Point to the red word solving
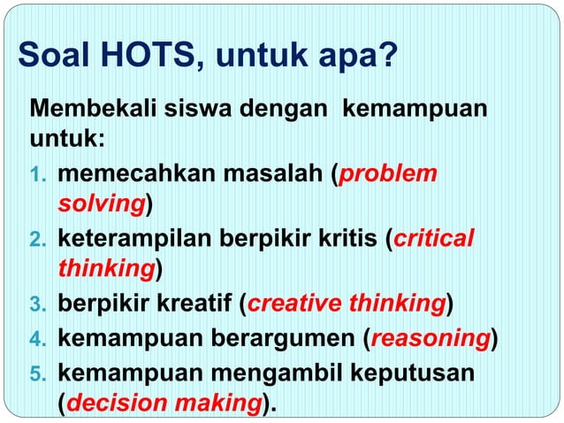101,205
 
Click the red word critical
433,239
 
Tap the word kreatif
195,305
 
